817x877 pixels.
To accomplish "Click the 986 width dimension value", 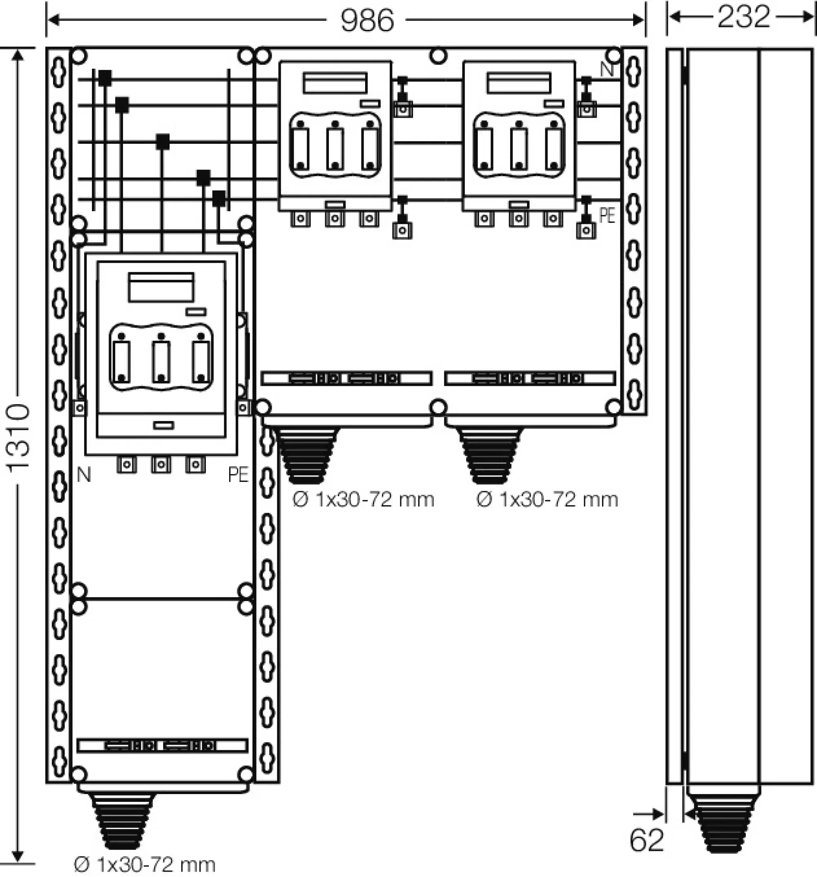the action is [x=367, y=20].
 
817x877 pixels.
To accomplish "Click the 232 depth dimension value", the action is [x=743, y=17].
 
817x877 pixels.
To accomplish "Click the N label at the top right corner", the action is [x=607, y=69].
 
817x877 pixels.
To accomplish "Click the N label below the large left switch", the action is [x=84, y=475].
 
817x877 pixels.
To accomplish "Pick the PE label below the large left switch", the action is [x=239, y=475].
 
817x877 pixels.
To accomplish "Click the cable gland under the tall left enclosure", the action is [x=122, y=820].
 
